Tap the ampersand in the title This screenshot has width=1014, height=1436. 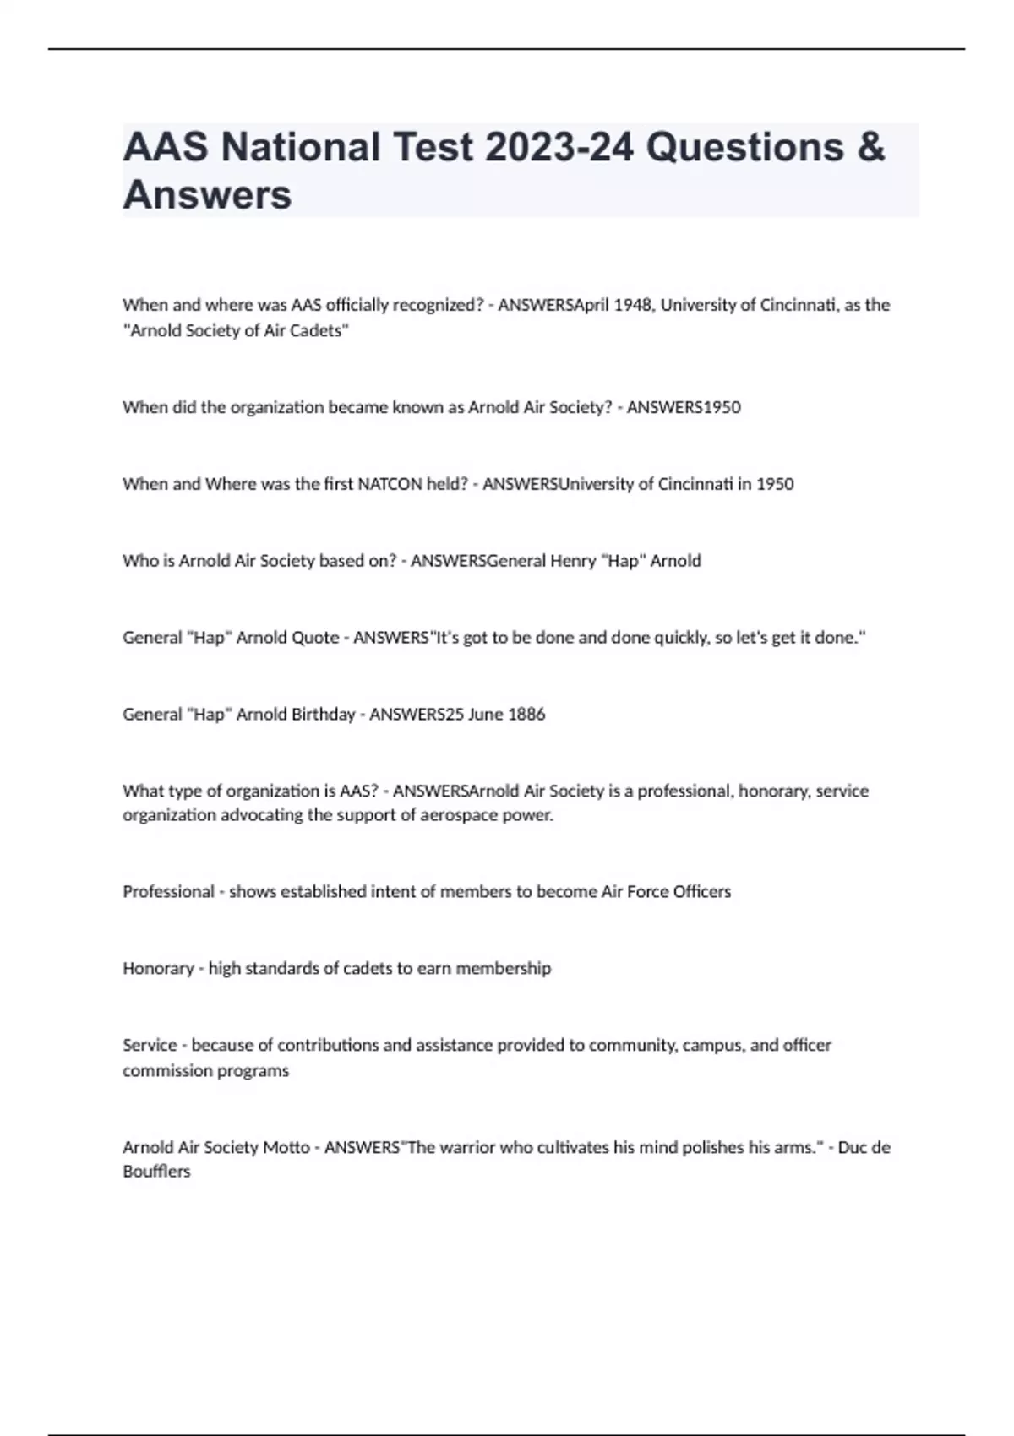coord(870,147)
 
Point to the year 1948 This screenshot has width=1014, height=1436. coord(632,305)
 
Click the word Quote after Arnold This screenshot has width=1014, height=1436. coord(314,638)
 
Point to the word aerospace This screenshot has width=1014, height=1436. coord(461,816)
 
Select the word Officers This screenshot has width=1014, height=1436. coord(701,892)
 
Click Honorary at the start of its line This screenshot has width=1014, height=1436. coord(158,969)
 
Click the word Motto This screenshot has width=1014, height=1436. coord(286,1148)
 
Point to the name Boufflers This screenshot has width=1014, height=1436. coord(156,1172)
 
